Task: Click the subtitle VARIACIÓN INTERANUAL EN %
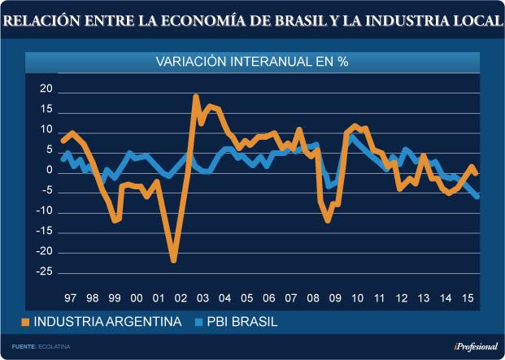(x=252, y=62)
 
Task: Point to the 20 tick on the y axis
(x=46, y=89)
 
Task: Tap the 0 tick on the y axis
(x=49, y=171)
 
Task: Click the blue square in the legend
(x=196, y=323)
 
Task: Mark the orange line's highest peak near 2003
(x=196, y=97)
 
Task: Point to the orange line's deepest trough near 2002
(x=174, y=261)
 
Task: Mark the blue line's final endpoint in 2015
(x=477, y=196)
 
